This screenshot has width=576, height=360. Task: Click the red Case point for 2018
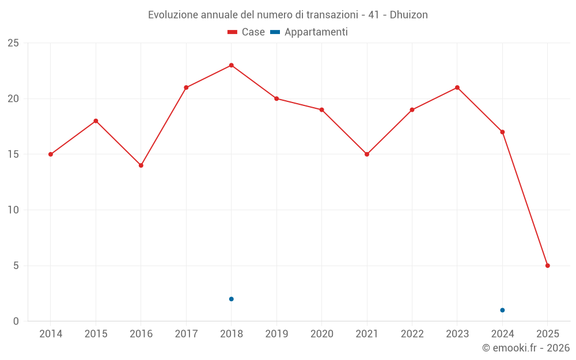(x=231, y=65)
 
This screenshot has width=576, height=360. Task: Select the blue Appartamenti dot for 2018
(x=231, y=299)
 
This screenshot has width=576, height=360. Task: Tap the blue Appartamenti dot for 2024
(x=502, y=310)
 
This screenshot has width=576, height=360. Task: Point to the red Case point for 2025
(x=548, y=266)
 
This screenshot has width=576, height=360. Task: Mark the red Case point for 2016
(x=141, y=165)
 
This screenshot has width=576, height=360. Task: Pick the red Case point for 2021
(x=367, y=154)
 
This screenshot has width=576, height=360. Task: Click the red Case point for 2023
(x=457, y=88)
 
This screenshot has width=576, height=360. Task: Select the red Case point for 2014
(x=51, y=154)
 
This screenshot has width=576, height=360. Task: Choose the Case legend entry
(x=246, y=32)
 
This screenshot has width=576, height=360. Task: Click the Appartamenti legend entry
(x=309, y=32)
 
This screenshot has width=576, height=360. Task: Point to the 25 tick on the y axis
(x=13, y=43)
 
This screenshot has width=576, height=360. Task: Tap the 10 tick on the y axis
(x=13, y=210)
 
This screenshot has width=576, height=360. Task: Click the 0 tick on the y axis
(x=16, y=321)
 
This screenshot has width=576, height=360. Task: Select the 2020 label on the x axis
(x=321, y=334)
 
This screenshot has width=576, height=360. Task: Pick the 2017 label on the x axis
(x=186, y=334)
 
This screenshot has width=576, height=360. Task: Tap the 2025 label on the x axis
(x=548, y=334)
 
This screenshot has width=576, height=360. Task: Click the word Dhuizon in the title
(x=409, y=15)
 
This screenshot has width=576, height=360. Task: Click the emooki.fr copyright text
(x=526, y=348)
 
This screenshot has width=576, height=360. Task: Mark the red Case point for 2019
(x=276, y=98)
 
